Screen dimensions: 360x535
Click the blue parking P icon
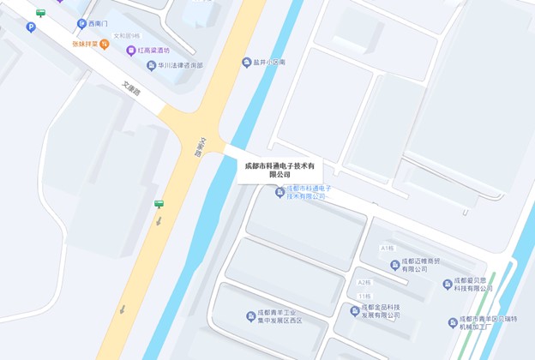click(x=32, y=27)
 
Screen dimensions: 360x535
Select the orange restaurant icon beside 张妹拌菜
click(x=104, y=44)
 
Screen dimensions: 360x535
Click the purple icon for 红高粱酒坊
click(x=131, y=51)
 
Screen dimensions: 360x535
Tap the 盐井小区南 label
click(x=268, y=63)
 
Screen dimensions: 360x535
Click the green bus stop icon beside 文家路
click(x=159, y=204)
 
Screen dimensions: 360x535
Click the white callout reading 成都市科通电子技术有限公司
click(x=280, y=169)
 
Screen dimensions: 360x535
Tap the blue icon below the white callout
click(x=280, y=192)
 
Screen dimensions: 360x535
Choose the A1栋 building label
click(x=388, y=248)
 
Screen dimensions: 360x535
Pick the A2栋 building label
click(x=364, y=282)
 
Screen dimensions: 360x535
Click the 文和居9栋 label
click(x=127, y=36)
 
